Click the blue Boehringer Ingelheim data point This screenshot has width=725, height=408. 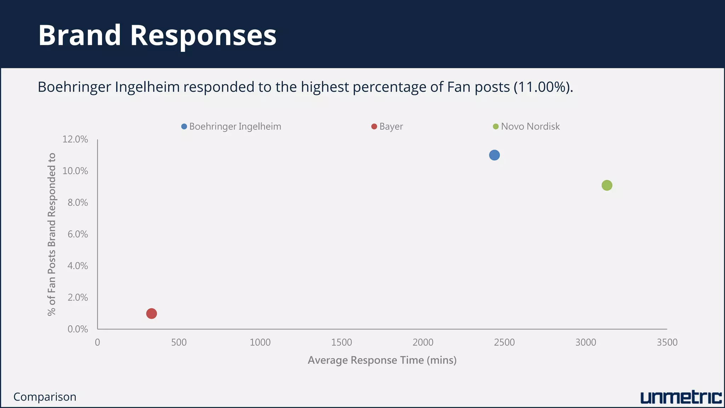(494, 155)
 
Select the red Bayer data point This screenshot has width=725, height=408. (152, 313)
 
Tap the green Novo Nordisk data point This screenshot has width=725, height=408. (607, 185)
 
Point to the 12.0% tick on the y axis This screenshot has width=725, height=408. (75, 139)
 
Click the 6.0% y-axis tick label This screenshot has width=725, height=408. (78, 234)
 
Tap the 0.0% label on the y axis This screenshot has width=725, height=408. (78, 329)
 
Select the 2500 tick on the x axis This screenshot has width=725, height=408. (504, 342)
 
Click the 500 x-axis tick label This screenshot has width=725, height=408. (179, 342)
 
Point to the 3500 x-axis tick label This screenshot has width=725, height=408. (667, 342)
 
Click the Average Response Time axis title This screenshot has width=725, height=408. (382, 360)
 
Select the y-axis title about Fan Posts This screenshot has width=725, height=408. (52, 234)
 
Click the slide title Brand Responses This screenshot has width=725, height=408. (157, 35)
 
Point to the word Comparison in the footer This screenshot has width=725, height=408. (45, 397)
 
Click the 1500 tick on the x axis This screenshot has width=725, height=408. (342, 342)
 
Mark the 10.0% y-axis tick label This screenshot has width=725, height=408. (75, 171)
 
